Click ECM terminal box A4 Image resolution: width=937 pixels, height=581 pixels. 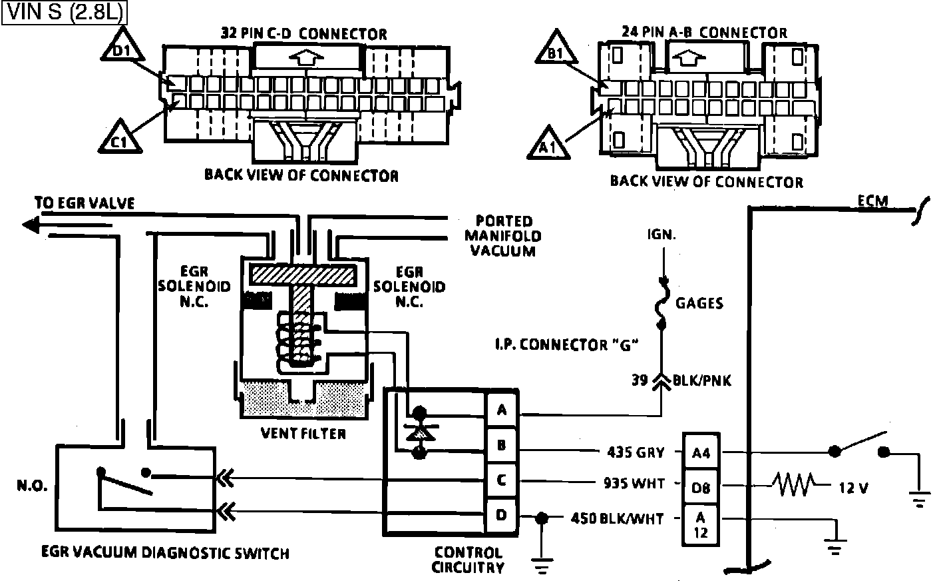tap(701, 453)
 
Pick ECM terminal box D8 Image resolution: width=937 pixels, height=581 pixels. tap(701, 487)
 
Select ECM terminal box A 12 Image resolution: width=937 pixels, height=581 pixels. tap(701, 526)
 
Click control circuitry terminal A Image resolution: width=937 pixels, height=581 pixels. tap(502, 410)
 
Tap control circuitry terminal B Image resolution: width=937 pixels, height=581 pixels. tap(502, 445)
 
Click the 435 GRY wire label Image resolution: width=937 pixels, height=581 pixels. tap(636, 452)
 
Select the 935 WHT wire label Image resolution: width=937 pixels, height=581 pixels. tap(634, 484)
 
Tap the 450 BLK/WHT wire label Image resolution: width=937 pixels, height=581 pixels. tap(617, 518)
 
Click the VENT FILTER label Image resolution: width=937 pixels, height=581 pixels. tap(303, 434)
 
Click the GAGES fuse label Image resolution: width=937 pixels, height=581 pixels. tap(699, 303)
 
